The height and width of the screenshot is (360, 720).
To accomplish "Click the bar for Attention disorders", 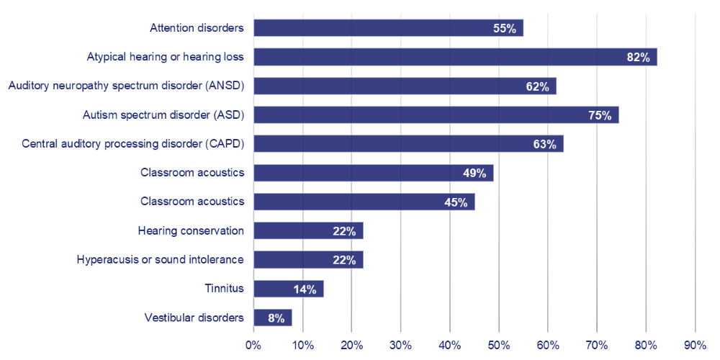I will click(x=388, y=28).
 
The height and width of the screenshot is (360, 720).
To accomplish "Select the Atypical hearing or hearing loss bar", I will click(x=455, y=57).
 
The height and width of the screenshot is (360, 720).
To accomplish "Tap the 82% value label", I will click(x=638, y=58).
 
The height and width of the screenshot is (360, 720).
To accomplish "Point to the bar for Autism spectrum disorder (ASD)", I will click(x=436, y=114).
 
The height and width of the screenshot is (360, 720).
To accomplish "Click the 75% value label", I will click(x=599, y=115).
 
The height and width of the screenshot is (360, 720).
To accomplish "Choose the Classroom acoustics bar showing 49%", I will click(x=373, y=172).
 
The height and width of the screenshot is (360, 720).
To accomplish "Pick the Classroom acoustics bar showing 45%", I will click(x=364, y=202).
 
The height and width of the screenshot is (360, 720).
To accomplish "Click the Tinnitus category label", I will click(x=225, y=289).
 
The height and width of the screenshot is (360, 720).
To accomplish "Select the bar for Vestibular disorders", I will click(x=272, y=318).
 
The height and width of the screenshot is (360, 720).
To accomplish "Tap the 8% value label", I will click(x=276, y=318).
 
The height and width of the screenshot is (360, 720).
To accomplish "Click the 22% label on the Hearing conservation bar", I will click(x=344, y=231).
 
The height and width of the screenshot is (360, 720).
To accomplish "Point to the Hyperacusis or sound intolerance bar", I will click(x=308, y=259).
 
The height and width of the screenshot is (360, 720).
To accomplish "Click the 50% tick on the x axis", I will click(x=499, y=345).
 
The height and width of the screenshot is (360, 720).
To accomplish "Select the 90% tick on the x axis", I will click(x=695, y=345).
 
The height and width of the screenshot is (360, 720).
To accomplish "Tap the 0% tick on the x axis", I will click(x=253, y=345).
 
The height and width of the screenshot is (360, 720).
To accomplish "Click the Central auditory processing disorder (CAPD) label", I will click(x=133, y=143).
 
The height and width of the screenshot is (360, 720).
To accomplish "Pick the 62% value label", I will click(x=537, y=86).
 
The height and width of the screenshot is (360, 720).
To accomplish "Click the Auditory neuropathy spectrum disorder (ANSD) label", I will click(x=126, y=86).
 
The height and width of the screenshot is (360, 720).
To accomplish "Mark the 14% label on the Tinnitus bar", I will click(x=305, y=289).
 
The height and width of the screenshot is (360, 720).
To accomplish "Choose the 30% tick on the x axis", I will click(x=400, y=345).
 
